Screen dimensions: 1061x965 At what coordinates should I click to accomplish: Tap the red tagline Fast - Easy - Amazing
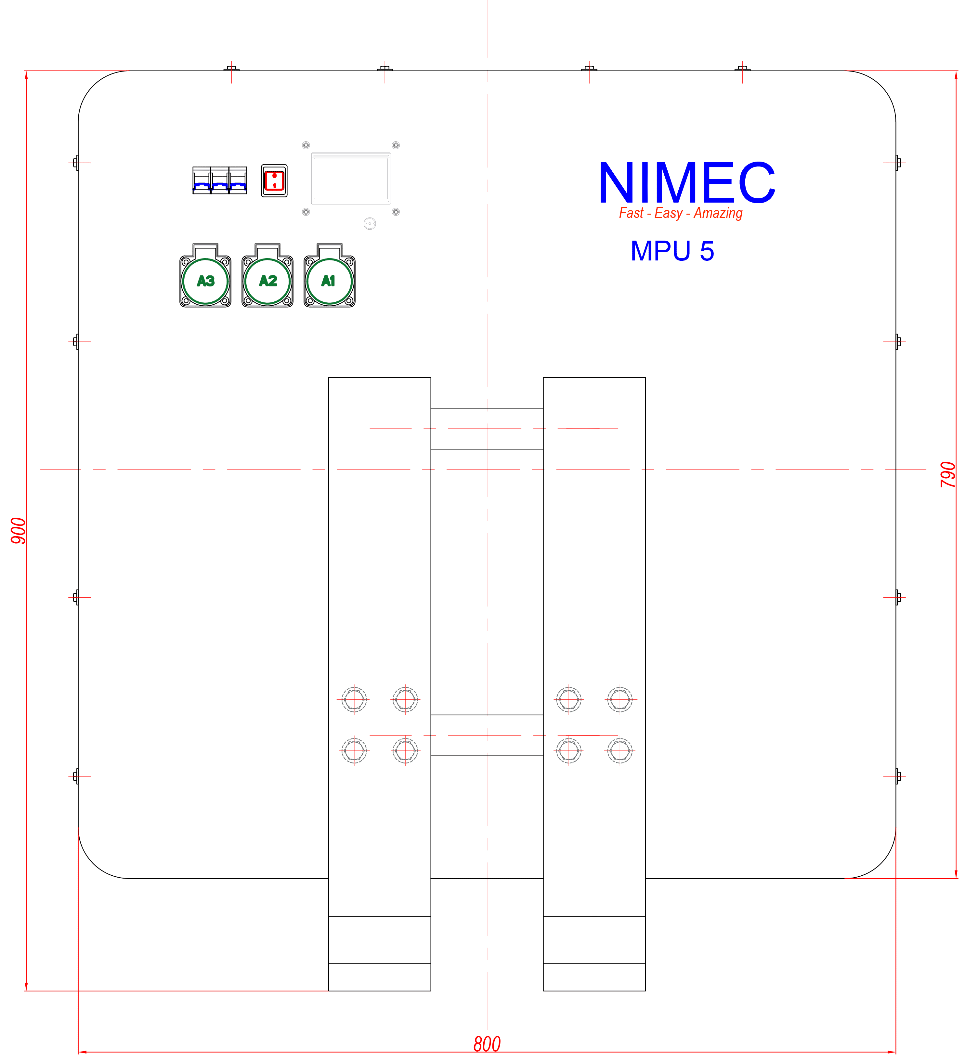click(681, 213)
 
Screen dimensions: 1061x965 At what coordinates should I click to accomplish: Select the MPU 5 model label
click(672, 251)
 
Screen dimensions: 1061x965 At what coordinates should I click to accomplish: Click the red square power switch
click(274, 180)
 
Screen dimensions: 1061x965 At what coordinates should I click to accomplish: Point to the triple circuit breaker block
click(219, 180)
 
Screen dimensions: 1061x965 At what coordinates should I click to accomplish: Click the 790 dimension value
click(948, 474)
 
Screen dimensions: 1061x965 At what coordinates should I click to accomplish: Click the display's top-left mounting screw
click(306, 145)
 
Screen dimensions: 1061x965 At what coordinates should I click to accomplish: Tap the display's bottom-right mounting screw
click(396, 212)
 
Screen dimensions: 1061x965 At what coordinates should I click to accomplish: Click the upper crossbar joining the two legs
click(487, 429)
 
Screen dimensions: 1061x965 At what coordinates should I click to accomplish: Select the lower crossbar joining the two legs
click(487, 735)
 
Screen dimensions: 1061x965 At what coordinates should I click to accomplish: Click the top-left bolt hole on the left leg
click(354, 699)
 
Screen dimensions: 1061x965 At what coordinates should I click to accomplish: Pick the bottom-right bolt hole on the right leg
click(620, 750)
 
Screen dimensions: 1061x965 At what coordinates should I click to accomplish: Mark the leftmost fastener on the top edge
click(231, 68)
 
